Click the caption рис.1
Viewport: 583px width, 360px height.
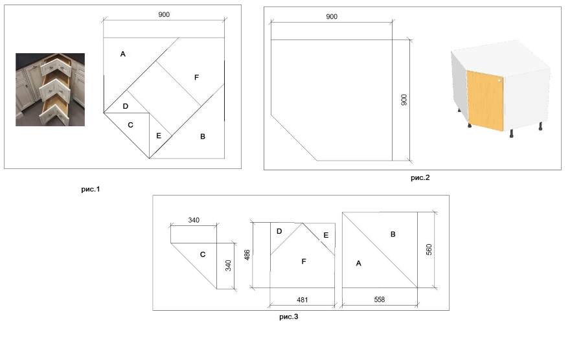pos(91,189)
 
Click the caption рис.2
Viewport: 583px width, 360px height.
pos(420,177)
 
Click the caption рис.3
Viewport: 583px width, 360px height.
pos(288,317)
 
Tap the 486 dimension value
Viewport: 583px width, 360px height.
pos(247,255)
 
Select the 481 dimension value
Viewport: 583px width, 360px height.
pos(303,300)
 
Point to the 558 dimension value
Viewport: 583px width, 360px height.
pos(379,299)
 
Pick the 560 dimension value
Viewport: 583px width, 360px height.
pos(429,249)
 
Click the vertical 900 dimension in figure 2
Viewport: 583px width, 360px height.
pos(404,100)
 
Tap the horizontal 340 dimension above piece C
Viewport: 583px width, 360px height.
pos(194,220)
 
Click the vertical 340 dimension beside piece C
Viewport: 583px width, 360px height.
pos(228,265)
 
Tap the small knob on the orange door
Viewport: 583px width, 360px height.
pos(499,80)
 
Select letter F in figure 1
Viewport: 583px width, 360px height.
pos(197,77)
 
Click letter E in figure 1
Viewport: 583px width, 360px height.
pos(159,135)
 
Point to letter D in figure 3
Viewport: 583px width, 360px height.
pos(279,231)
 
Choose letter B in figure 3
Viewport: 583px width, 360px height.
pos(393,234)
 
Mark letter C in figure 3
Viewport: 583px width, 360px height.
pos(203,254)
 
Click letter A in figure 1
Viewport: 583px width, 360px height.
pos(123,54)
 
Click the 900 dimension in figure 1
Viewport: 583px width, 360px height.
pos(164,14)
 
